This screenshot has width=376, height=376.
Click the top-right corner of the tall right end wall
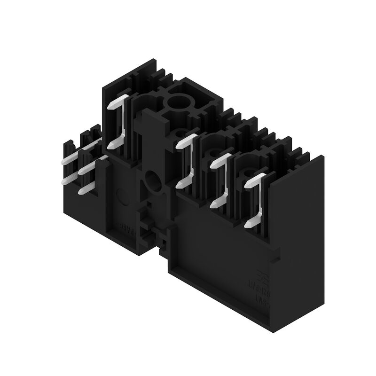coord(323,157)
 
